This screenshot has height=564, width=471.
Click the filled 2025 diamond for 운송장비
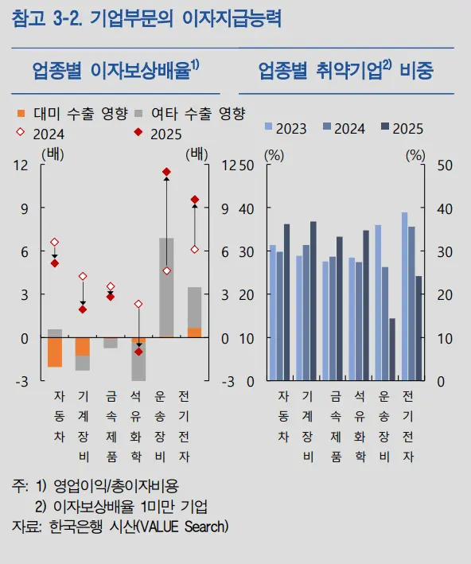click(x=166, y=172)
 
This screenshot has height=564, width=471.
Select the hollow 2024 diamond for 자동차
click(x=55, y=242)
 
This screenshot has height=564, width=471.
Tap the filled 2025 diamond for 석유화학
click(x=139, y=352)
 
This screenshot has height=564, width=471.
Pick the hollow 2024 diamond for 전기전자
click(x=195, y=250)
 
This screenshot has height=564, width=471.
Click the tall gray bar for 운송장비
click(x=166, y=287)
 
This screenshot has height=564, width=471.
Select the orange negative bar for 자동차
click(x=55, y=352)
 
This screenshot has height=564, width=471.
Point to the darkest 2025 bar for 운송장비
click(x=392, y=349)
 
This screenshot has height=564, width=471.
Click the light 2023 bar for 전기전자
click(x=404, y=297)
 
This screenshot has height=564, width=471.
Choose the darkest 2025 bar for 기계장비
click(x=313, y=301)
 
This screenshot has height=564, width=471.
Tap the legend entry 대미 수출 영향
click(x=72, y=114)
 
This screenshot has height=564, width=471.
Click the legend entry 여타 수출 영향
click(x=189, y=114)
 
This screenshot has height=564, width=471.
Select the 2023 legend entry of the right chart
click(x=286, y=128)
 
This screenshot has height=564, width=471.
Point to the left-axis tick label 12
click(x=21, y=165)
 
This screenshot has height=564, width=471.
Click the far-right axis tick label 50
click(x=445, y=165)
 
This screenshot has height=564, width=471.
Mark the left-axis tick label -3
click(x=21, y=382)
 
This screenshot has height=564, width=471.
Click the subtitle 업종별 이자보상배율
click(x=115, y=70)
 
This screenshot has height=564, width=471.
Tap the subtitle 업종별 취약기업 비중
click(x=346, y=70)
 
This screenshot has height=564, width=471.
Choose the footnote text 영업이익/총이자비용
click(x=116, y=486)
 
